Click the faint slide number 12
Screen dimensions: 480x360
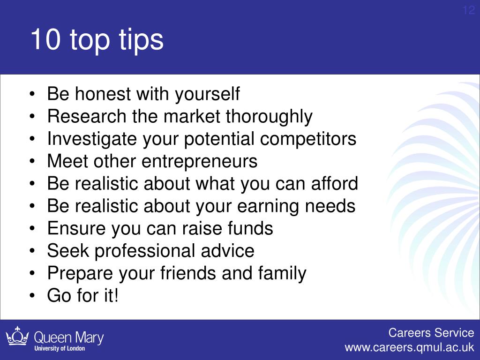(468, 10)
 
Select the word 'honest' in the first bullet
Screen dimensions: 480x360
(103, 93)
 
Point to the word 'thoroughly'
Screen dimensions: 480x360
(269, 117)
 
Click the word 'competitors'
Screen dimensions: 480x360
(308, 139)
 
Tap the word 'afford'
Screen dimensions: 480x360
(334, 183)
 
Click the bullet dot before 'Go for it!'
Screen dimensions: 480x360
(32, 296)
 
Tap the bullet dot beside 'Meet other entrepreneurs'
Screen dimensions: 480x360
(32, 161)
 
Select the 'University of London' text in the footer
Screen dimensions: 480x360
(60, 348)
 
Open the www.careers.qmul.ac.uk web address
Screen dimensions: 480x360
(409, 348)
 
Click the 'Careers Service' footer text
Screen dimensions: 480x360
(431, 333)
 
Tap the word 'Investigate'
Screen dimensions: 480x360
(92, 139)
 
